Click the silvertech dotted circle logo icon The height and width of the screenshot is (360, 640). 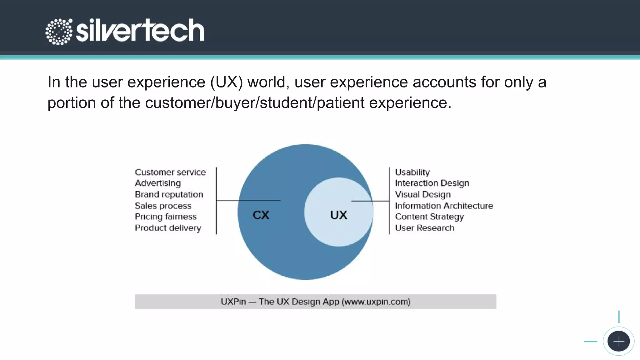(x=59, y=31)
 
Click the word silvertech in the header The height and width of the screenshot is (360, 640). (x=140, y=30)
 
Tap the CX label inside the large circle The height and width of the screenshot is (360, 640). (x=261, y=215)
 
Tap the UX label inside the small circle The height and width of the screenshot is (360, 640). (x=338, y=215)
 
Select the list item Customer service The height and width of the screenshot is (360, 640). (x=170, y=172)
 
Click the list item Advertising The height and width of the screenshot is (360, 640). (x=158, y=183)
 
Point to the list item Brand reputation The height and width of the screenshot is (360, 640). (x=169, y=194)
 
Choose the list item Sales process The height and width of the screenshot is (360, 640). (x=163, y=206)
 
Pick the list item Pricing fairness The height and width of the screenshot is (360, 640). (x=166, y=217)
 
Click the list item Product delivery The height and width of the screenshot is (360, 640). (x=168, y=228)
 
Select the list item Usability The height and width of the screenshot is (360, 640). (x=412, y=172)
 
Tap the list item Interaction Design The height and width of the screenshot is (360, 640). (x=432, y=183)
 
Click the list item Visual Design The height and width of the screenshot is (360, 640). (x=422, y=194)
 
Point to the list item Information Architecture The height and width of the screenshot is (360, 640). (x=444, y=206)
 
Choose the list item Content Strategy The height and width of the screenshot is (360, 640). (x=429, y=217)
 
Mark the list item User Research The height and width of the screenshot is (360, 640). (x=424, y=228)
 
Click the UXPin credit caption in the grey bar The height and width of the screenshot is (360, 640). (x=315, y=302)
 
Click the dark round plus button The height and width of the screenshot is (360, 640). (x=618, y=341)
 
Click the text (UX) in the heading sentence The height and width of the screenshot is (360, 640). (x=226, y=82)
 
